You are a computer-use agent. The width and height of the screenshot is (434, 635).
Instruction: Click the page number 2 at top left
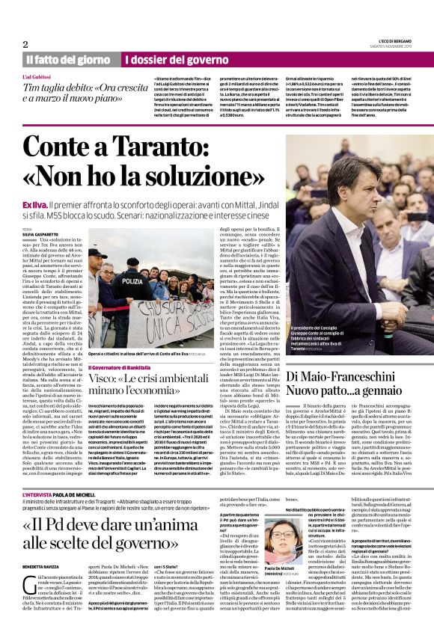(x=25, y=43)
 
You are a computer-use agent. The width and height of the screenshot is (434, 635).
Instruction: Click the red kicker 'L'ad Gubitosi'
(x=37, y=77)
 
